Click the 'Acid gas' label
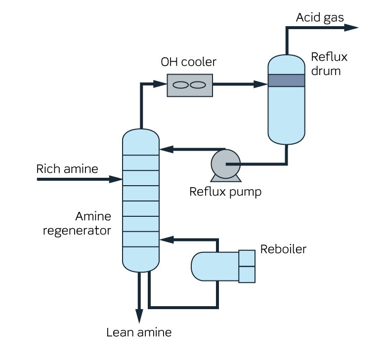click(x=320, y=17)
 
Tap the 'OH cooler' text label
click(x=188, y=62)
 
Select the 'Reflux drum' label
click(x=329, y=64)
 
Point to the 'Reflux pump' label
click(x=225, y=192)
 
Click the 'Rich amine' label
click(x=67, y=169)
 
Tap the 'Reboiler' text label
click(x=283, y=249)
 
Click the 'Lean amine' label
click(x=139, y=332)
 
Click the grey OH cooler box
click(x=190, y=85)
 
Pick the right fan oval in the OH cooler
click(x=198, y=85)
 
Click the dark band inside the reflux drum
click(x=286, y=80)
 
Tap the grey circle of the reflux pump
click(x=225, y=162)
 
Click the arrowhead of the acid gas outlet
click(x=352, y=28)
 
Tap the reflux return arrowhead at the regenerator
click(x=165, y=148)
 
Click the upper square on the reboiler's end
click(x=247, y=258)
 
